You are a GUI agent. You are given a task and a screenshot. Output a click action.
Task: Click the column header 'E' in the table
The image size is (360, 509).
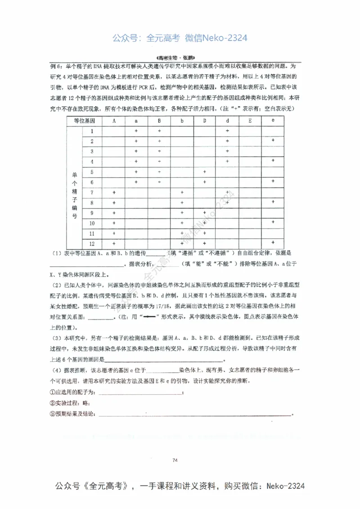250,121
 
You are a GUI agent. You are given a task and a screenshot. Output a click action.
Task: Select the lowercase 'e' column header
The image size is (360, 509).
273,121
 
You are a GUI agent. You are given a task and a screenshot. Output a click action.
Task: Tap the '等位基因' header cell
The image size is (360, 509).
85,121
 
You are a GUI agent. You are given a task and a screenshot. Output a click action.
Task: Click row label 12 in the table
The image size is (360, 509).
92,243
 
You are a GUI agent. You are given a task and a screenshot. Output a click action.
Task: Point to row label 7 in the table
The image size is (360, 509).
92,192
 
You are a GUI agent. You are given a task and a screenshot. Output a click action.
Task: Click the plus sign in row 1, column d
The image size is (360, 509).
227,131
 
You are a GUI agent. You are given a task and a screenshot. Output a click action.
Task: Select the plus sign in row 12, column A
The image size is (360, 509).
114,243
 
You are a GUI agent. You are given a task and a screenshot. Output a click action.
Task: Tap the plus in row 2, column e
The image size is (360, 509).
273,141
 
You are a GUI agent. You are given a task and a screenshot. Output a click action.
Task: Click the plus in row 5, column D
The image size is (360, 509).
205,172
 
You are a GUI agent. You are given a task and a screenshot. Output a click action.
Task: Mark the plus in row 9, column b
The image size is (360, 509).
182,213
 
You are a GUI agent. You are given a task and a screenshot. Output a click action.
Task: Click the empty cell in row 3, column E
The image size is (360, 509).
250,152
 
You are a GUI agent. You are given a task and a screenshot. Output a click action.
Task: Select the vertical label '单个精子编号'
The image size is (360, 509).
75,192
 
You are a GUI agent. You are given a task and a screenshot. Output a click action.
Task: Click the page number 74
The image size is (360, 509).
176,460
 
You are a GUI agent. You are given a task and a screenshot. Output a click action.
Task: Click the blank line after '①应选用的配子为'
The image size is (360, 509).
139,393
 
